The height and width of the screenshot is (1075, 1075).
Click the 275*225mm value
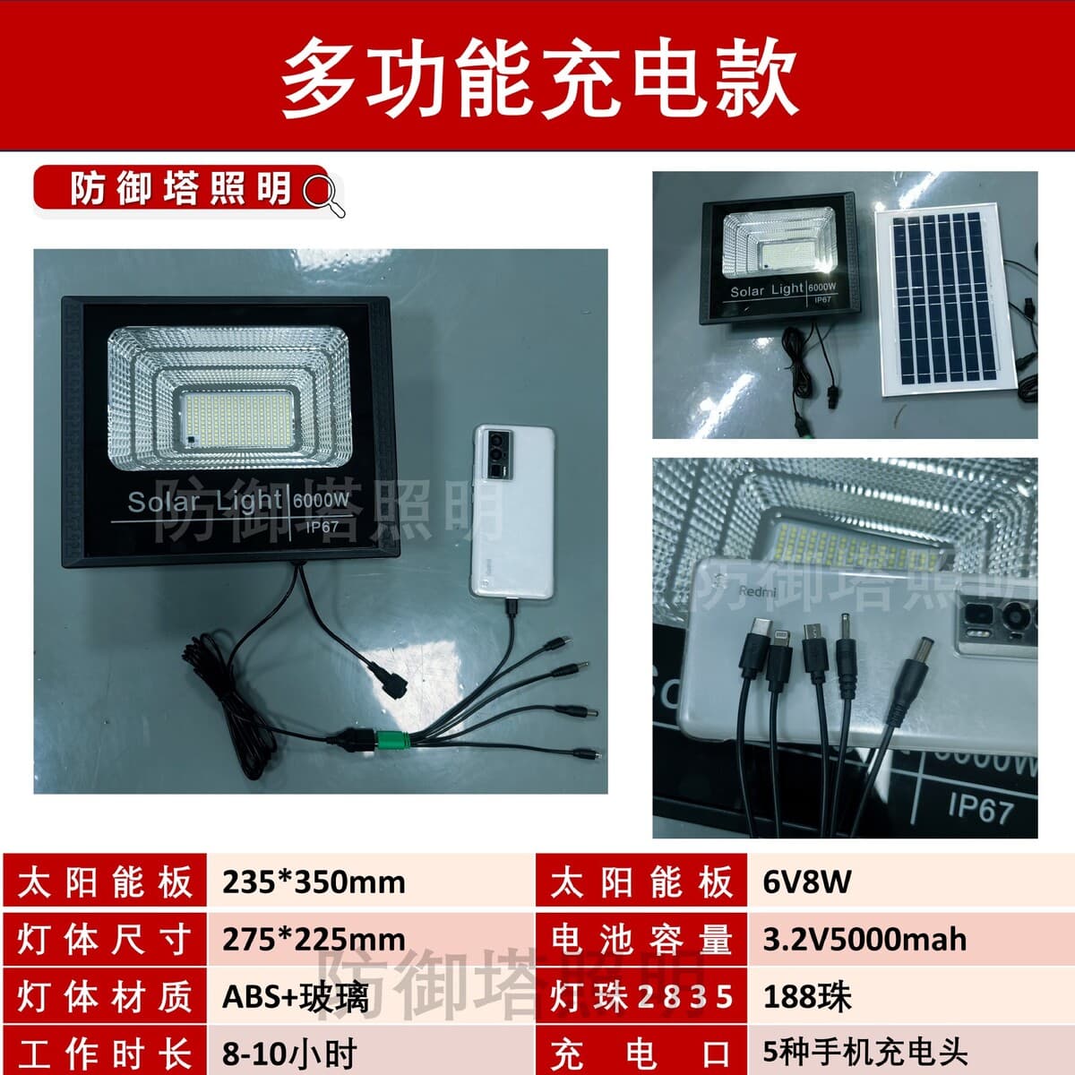(314, 940)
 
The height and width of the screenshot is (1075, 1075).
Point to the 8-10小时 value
(289, 1053)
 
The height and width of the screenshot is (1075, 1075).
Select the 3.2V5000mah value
(864, 940)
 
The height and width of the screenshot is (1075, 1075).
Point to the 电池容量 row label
(641, 940)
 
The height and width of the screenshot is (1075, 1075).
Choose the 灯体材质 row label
(105, 997)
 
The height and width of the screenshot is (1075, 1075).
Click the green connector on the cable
(394, 740)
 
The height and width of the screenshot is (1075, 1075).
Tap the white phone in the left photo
(512, 511)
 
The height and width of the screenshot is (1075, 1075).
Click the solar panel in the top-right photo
(943, 299)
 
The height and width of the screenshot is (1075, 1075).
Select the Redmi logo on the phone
(758, 590)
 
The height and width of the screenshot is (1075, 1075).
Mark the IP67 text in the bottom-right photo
(980, 808)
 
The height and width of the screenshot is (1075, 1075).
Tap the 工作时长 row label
(105, 1053)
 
